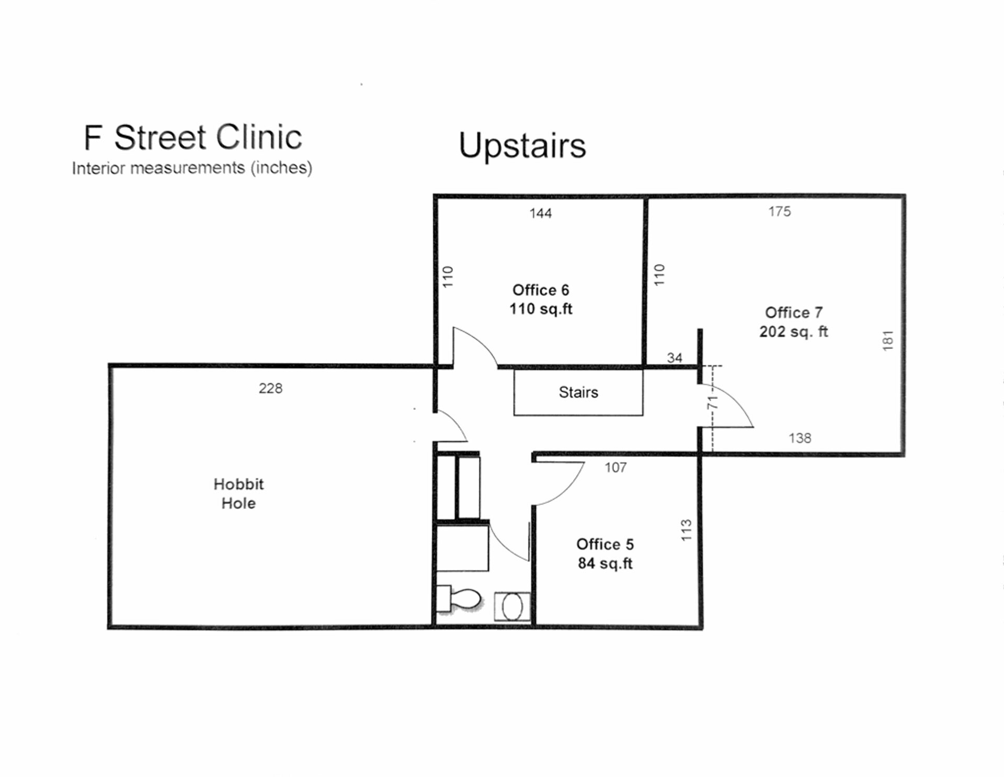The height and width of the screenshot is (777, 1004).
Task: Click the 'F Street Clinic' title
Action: click(x=192, y=138)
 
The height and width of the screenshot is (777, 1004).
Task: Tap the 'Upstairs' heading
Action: click(x=522, y=145)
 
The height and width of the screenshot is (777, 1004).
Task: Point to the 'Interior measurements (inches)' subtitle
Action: click(x=192, y=168)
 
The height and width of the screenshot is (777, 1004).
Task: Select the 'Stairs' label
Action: click(x=578, y=392)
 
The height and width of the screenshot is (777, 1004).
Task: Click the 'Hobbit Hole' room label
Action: click(x=238, y=494)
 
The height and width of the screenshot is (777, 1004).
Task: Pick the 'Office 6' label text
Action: click(x=541, y=290)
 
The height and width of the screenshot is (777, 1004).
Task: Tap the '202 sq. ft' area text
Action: click(x=793, y=332)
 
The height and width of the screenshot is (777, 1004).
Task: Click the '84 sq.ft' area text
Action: click(x=605, y=563)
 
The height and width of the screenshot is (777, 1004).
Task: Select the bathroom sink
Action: click(x=512, y=607)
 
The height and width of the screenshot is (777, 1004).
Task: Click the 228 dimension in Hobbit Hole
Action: click(x=270, y=388)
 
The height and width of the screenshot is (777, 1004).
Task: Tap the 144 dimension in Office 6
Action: click(x=540, y=213)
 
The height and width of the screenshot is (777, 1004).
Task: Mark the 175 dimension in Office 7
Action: click(x=779, y=211)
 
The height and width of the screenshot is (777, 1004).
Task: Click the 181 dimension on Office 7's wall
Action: click(x=887, y=340)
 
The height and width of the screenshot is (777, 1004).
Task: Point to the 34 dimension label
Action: click(x=674, y=358)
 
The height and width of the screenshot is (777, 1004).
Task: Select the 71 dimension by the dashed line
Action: click(x=712, y=402)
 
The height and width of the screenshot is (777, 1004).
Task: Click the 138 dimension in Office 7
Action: click(x=800, y=438)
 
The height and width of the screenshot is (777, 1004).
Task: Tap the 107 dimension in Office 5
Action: click(x=615, y=467)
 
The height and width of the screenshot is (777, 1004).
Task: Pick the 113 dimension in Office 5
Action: click(x=686, y=530)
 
